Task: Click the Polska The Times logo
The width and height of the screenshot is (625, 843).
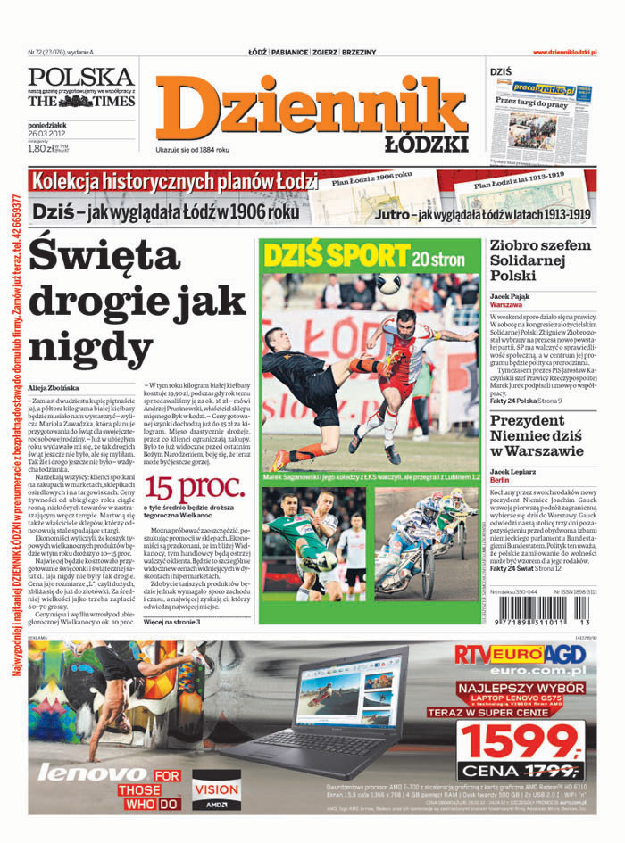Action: coord(80,87)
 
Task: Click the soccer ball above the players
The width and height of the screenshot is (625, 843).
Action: coord(387,285)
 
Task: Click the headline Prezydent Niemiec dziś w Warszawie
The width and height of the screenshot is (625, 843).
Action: coord(540,436)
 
